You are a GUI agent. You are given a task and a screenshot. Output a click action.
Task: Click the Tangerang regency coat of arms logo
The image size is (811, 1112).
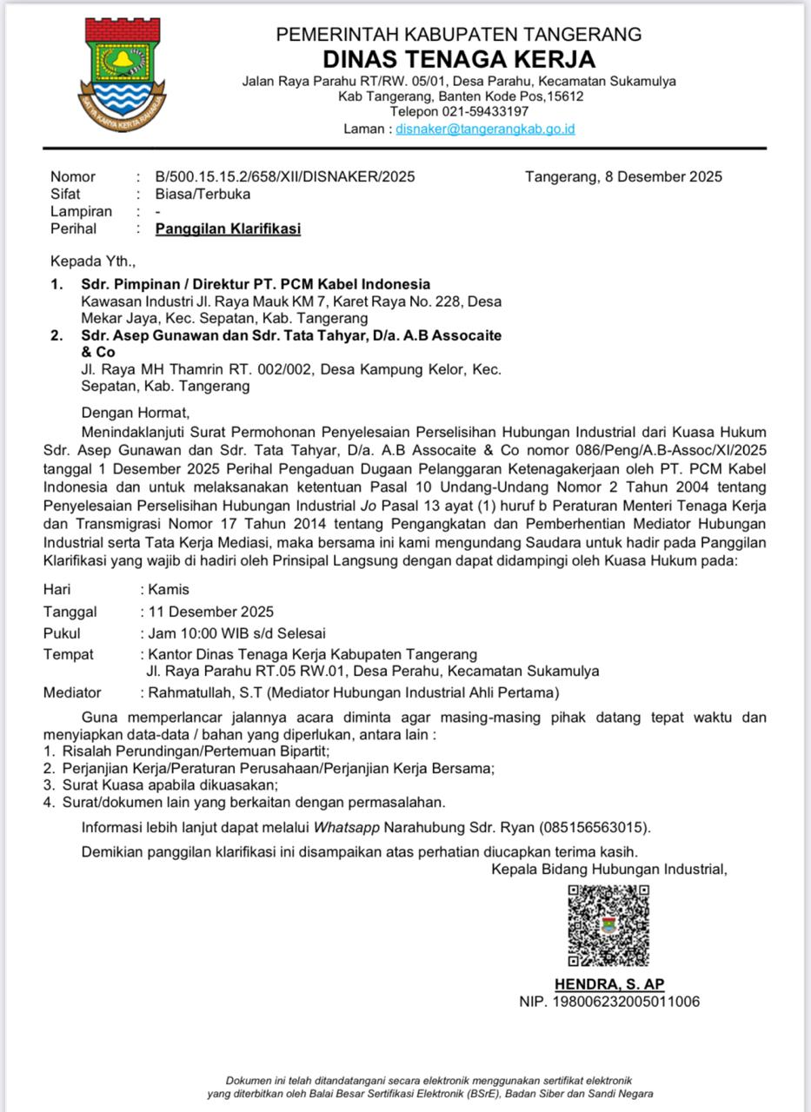point(124,74)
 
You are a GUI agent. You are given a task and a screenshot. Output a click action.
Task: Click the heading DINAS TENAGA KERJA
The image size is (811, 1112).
point(459,59)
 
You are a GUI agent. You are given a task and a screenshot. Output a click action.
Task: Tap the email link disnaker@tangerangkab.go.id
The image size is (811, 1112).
point(485,129)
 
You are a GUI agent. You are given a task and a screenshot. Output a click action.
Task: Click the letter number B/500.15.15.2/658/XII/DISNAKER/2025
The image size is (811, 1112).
point(284,177)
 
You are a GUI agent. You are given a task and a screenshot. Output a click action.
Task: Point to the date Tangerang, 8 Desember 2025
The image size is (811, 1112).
point(623,177)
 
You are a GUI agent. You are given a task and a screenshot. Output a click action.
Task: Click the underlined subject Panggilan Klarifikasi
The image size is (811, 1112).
point(228,229)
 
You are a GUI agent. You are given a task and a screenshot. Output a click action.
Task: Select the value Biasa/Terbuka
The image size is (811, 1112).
point(203,195)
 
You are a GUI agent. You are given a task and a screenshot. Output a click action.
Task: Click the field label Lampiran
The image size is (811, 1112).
point(81,212)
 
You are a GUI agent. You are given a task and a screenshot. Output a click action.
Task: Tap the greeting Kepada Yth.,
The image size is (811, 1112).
point(93,260)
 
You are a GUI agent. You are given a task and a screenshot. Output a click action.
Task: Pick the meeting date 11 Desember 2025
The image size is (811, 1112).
point(210,612)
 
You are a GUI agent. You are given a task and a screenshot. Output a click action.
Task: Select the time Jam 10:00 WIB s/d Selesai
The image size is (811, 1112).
point(236,633)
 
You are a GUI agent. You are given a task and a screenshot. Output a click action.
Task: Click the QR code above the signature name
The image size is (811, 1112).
point(608,925)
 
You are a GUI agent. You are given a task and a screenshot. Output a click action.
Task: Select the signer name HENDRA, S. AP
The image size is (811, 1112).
point(609,984)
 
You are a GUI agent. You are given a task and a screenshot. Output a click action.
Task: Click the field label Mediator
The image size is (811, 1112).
point(72,692)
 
